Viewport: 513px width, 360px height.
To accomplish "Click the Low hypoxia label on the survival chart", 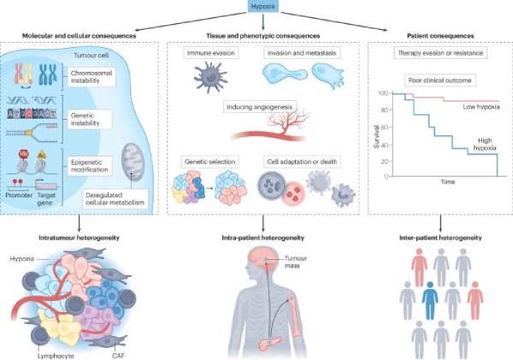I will (x=481, y=108).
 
